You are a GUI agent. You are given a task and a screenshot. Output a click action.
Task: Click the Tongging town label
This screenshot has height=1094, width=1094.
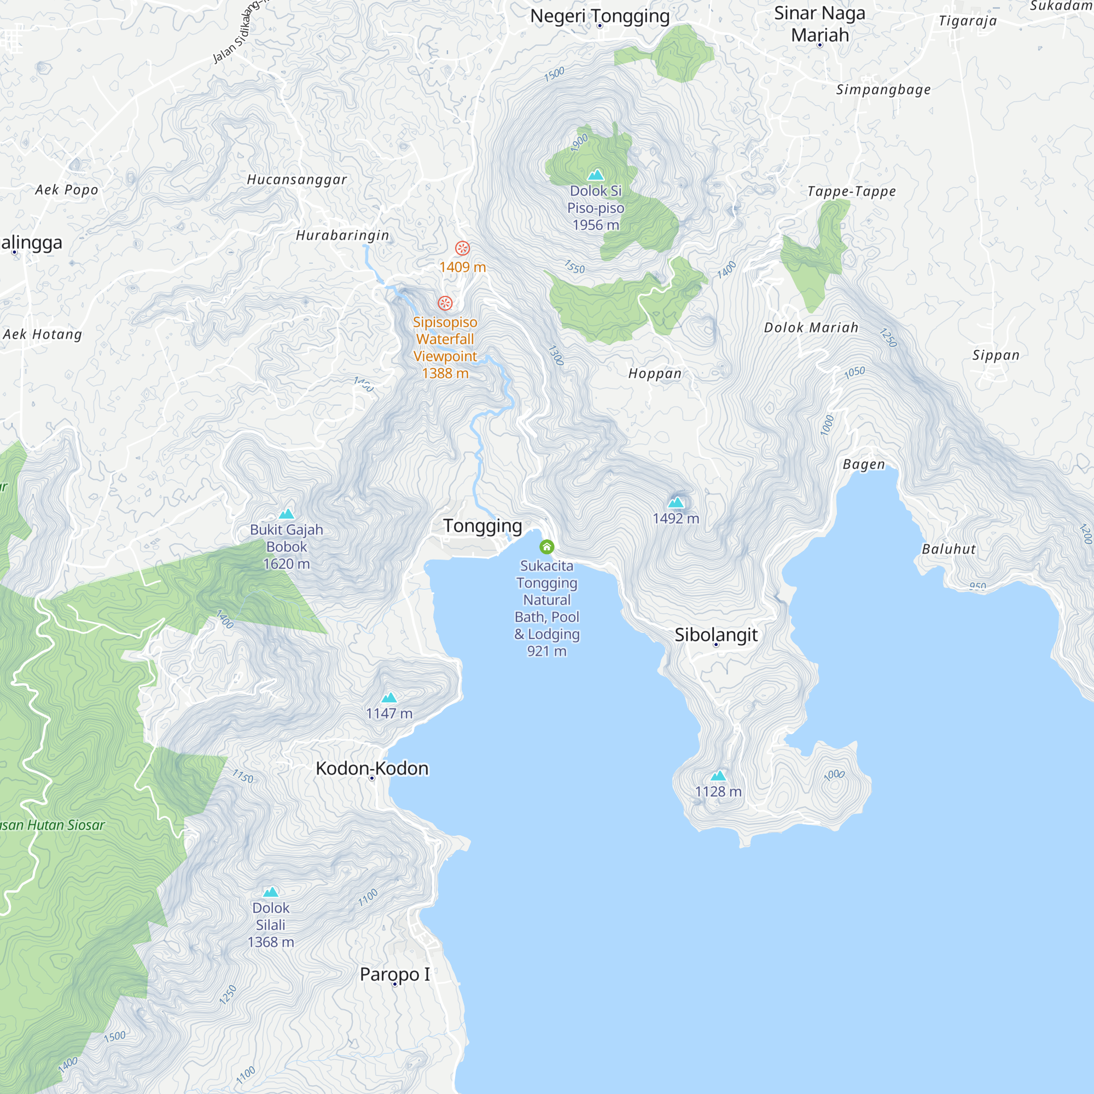pyautogui.click(x=482, y=526)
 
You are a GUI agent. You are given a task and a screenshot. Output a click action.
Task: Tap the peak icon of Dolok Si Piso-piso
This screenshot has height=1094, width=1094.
pyautogui.click(x=596, y=174)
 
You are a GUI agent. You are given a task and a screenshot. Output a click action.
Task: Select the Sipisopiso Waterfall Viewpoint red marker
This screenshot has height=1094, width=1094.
pyautogui.click(x=445, y=303)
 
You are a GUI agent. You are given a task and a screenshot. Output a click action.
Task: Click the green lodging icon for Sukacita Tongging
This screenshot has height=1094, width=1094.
pyautogui.click(x=546, y=546)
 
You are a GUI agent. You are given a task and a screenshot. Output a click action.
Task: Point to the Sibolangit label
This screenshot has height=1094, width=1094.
pyautogui.click(x=715, y=634)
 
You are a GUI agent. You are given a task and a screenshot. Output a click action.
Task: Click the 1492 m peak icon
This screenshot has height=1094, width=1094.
pyautogui.click(x=676, y=502)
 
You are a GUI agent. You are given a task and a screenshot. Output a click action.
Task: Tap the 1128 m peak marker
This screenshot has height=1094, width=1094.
pyautogui.click(x=718, y=775)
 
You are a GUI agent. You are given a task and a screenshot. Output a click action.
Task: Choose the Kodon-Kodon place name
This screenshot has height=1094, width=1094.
pyautogui.click(x=372, y=769)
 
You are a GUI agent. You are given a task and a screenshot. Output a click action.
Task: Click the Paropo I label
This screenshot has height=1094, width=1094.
pyautogui.click(x=395, y=974)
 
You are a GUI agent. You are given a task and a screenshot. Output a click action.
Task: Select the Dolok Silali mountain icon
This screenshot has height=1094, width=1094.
pyautogui.click(x=271, y=892)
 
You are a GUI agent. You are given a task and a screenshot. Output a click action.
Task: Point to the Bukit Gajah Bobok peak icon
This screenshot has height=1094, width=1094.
pyautogui.click(x=287, y=514)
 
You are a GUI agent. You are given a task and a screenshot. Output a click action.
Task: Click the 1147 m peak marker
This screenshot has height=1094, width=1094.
pyautogui.click(x=389, y=697)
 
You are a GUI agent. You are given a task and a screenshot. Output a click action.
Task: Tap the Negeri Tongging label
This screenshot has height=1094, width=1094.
pyautogui.click(x=600, y=16)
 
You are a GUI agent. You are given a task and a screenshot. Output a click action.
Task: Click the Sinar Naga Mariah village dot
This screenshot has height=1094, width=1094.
pyautogui.click(x=819, y=45)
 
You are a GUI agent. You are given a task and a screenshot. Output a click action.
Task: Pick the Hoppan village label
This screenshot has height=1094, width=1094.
pyautogui.click(x=655, y=373)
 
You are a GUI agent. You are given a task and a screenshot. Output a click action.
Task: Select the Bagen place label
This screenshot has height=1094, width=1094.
pyautogui.click(x=863, y=464)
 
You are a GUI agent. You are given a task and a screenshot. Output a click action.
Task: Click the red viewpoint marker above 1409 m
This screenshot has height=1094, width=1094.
pyautogui.click(x=463, y=248)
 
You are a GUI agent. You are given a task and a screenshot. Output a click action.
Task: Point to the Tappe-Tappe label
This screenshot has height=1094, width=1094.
pyautogui.click(x=851, y=191)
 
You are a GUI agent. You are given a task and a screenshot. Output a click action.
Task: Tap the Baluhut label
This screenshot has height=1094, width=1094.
pyautogui.click(x=948, y=549)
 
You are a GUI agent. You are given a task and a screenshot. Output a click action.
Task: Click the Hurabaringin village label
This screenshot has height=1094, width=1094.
pyautogui.click(x=342, y=235)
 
